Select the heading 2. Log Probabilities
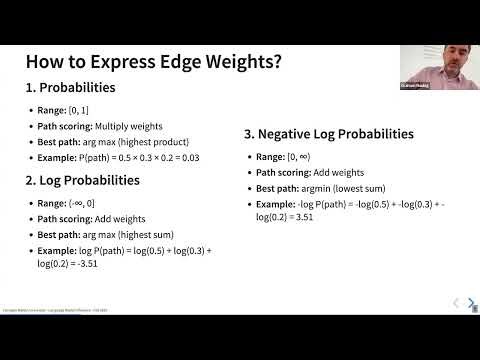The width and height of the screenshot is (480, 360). point(82,181)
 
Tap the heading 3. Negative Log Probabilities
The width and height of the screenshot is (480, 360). point(329,133)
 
